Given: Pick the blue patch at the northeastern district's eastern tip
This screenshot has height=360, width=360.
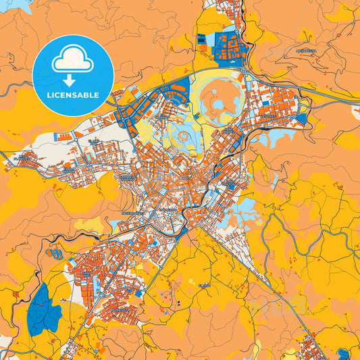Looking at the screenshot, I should coord(301,119).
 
